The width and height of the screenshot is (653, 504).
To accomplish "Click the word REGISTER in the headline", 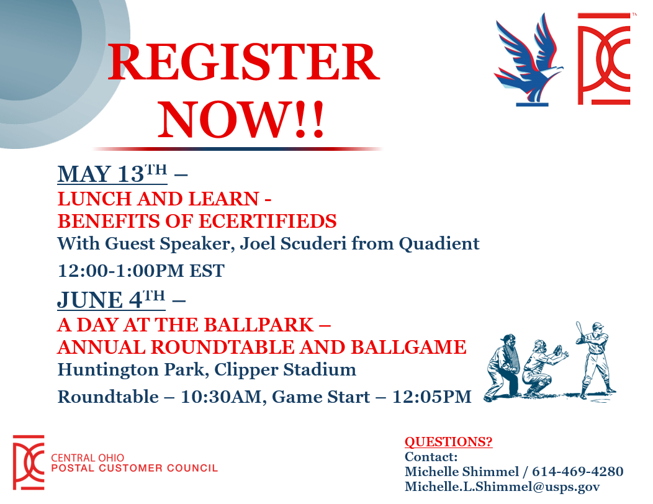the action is pos(244,63).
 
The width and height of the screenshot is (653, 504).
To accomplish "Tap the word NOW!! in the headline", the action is pos(241,120).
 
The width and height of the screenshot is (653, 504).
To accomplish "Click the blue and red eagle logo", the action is pos(528,60).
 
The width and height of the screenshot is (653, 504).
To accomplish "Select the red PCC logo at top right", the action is pos(604,59).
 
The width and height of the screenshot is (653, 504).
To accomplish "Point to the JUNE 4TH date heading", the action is pos(111,300).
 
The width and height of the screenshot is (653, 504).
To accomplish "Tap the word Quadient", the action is pos(439,244).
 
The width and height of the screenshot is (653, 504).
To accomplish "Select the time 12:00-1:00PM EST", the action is pos(141,271).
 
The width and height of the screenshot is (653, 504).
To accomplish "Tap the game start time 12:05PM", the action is pos(432,397).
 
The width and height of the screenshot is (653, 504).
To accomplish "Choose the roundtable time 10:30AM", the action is pos(221,397).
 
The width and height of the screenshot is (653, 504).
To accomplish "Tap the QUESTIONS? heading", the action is pos(449,441).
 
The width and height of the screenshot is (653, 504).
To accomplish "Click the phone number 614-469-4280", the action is pos(578,472).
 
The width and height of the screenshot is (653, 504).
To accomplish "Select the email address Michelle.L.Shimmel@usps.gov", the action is pos(502,487).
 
